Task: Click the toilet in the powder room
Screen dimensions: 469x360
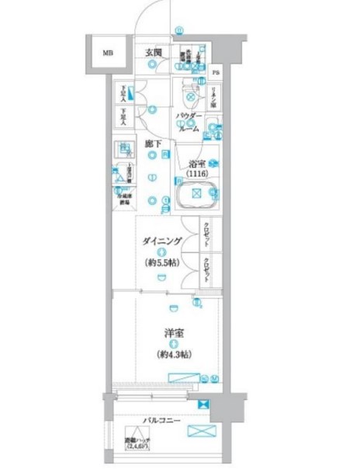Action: point(188,95)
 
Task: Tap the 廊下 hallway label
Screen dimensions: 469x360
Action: point(153,144)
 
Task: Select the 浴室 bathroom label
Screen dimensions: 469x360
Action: point(196,164)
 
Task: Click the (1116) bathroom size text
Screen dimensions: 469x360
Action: point(196,174)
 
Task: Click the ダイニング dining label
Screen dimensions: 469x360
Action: point(161,242)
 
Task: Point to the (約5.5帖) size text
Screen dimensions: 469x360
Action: point(162,263)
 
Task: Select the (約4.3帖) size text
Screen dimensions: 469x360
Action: point(173,353)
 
